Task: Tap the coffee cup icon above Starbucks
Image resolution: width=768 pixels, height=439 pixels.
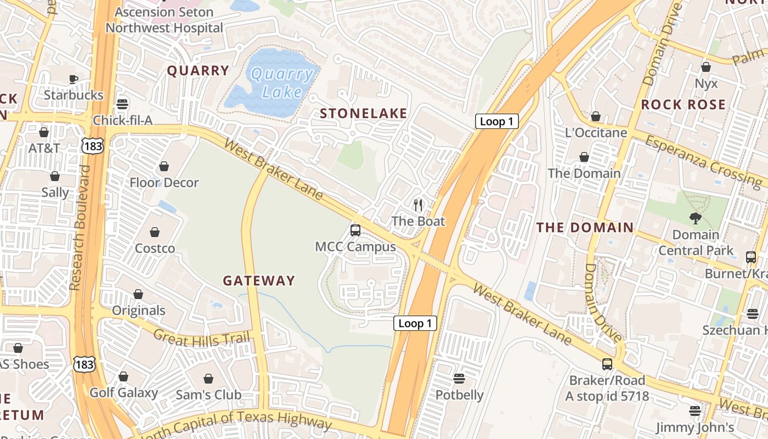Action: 74,79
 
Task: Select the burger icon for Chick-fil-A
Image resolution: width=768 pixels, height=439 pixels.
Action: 122,104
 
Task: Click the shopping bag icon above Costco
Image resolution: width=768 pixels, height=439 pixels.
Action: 155,232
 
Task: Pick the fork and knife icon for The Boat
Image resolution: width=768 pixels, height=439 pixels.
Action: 418,205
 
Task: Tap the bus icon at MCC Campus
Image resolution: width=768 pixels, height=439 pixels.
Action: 355,230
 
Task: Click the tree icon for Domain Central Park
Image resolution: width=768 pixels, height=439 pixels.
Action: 696,218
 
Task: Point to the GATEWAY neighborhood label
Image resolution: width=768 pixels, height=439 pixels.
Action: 259,280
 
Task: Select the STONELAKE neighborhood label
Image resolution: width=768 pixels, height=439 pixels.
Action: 364,114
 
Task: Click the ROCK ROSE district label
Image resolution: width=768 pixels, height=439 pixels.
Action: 683,104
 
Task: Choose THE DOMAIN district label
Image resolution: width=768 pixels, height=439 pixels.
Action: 585,227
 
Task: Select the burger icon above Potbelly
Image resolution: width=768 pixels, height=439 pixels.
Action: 459,379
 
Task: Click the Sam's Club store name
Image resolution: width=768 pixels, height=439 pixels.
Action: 208,395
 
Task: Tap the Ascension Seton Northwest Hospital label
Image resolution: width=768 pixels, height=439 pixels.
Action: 164,20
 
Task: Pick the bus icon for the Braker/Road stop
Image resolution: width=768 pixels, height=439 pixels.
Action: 607,364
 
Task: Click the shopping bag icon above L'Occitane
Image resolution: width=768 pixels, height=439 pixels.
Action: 596,116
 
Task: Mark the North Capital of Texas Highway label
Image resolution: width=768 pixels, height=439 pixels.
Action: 236,421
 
